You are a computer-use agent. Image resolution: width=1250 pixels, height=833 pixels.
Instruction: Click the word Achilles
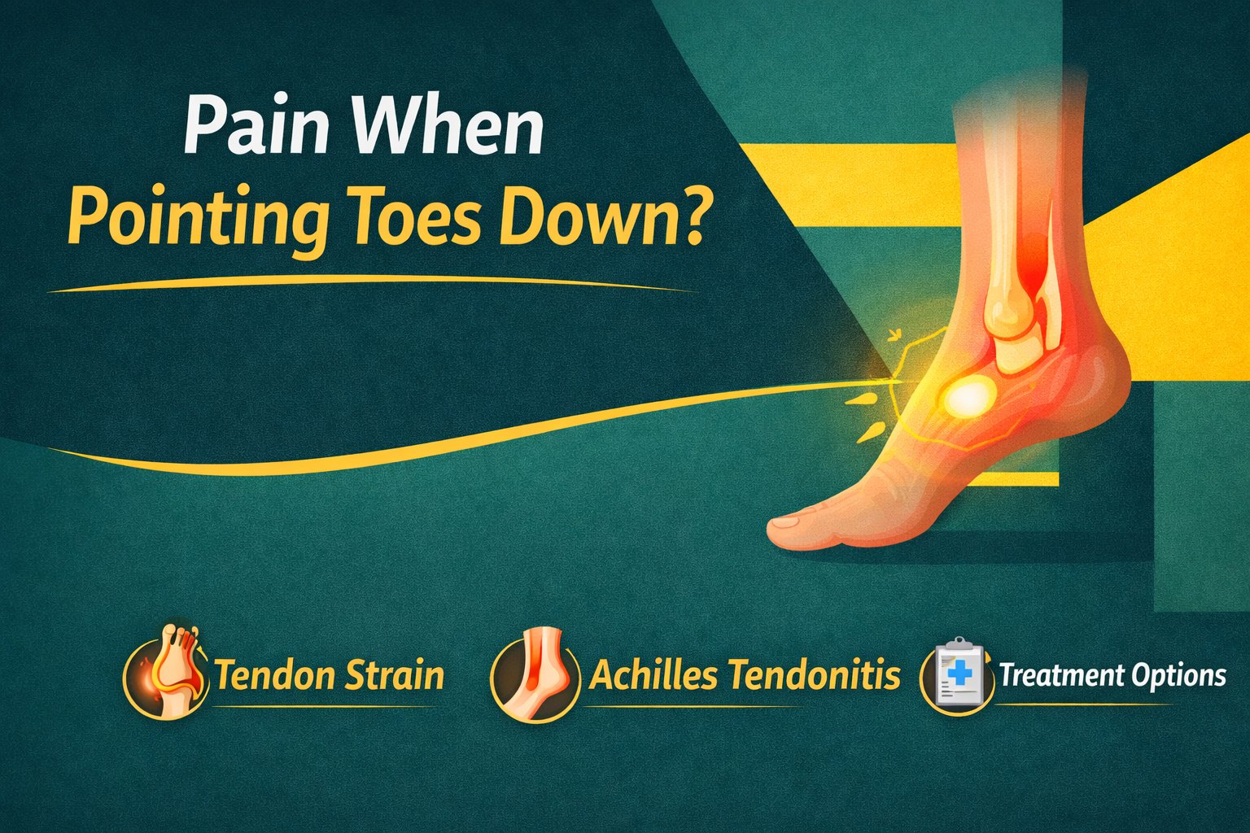pyautogui.click(x=653, y=675)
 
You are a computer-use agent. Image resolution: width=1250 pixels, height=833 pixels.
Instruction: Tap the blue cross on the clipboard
pyautogui.click(x=961, y=672)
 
